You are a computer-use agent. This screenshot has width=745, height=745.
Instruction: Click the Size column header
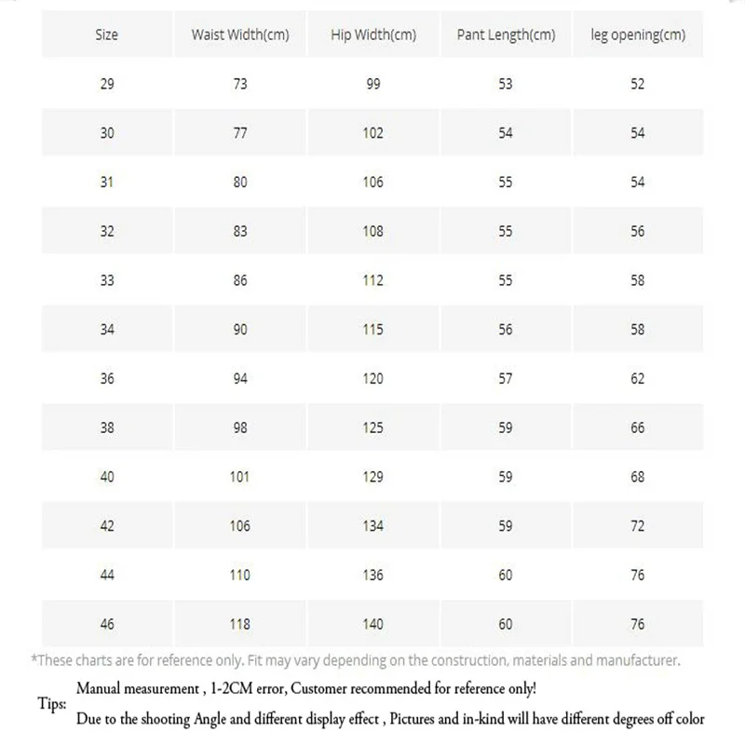[x=107, y=35]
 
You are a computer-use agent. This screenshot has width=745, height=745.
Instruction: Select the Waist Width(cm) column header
[x=240, y=35]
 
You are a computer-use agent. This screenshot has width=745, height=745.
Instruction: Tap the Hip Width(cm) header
[x=373, y=35]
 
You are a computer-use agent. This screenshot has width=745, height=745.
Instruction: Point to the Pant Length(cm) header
[x=506, y=35]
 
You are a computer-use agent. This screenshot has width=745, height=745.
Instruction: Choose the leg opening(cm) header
[x=638, y=35]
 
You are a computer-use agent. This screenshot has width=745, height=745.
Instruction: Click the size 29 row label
[x=107, y=84]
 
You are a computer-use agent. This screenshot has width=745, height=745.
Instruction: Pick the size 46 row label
[x=107, y=624]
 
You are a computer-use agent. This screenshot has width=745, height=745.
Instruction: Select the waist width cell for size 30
[x=240, y=133]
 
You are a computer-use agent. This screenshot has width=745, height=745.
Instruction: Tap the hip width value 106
[x=373, y=183]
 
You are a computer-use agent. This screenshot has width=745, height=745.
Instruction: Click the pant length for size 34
[x=506, y=330]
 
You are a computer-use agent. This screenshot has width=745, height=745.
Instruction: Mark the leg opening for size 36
[x=638, y=379]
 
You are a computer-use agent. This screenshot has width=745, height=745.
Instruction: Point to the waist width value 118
[x=240, y=624]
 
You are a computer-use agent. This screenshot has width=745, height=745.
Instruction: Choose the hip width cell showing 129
[x=373, y=477]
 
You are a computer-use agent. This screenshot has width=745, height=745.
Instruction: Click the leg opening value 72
[x=638, y=526]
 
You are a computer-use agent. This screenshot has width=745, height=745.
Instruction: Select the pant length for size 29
[x=506, y=84]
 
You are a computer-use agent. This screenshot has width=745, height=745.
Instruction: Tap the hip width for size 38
[x=373, y=428]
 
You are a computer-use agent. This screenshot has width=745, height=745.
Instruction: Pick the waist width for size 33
[x=240, y=280]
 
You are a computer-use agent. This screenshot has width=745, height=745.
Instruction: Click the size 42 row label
[x=107, y=526]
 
